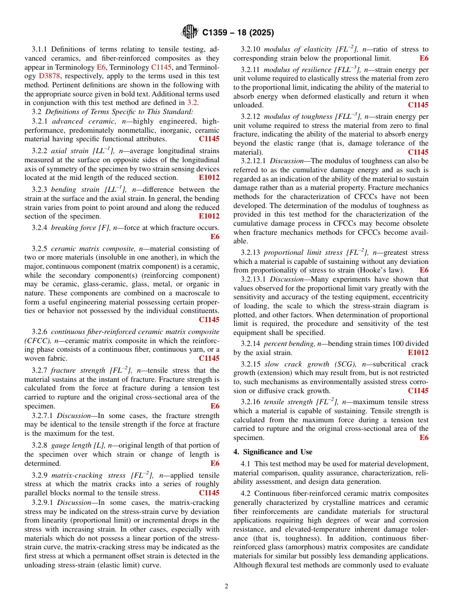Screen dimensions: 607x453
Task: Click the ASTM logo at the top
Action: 190,32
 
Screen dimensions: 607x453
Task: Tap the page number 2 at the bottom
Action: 226,586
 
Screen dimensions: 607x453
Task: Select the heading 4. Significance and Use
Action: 273,452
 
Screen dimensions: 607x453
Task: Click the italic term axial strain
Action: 67,150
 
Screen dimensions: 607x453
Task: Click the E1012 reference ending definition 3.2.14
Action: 418,353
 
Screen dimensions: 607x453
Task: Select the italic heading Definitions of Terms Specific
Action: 119,112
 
